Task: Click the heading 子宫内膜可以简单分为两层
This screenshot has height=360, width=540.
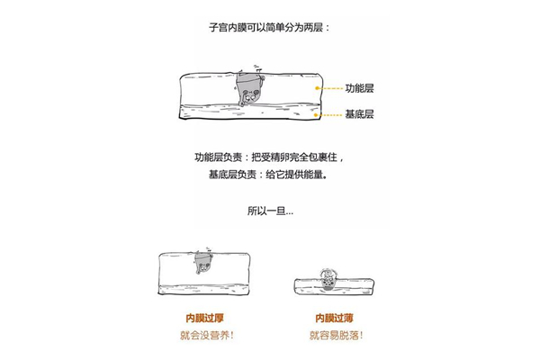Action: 268,27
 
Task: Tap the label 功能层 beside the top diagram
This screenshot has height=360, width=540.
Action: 359,88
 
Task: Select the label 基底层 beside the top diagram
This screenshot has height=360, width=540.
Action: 359,114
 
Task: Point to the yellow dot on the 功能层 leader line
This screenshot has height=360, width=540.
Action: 317,88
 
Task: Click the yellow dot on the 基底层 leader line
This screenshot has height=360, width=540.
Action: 316,114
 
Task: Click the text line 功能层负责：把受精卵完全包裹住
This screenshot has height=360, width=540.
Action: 269,157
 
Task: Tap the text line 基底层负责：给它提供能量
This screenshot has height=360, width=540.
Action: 267,175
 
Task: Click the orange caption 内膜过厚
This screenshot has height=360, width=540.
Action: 204,318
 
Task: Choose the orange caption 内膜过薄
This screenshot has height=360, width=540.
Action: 334,318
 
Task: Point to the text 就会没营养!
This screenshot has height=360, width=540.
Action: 206,335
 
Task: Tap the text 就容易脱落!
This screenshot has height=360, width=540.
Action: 336,335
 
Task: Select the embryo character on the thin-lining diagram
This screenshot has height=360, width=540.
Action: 328,279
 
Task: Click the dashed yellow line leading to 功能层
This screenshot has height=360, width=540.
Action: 331,88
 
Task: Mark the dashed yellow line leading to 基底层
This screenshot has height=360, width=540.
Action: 330,114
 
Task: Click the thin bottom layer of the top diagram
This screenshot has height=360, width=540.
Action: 250,112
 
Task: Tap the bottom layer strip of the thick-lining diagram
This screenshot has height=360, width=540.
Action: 204,290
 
